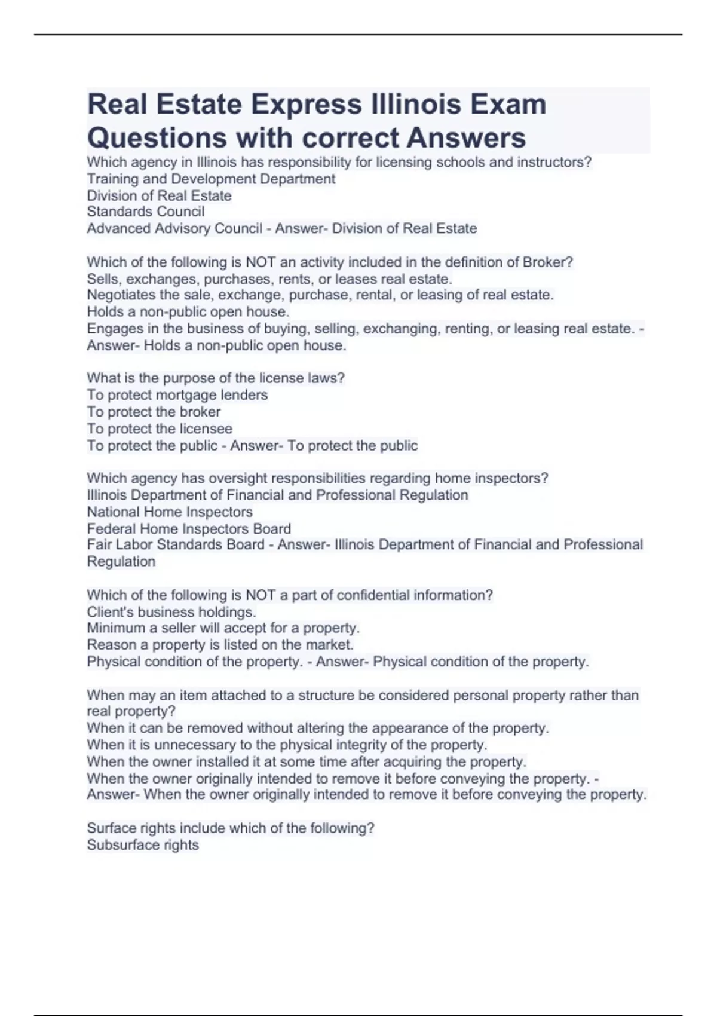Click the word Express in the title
pyautogui.click(x=305, y=105)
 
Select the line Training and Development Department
pyautogui.click(x=211, y=179)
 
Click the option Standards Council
pyautogui.click(x=146, y=212)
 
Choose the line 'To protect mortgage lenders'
pyautogui.click(x=177, y=395)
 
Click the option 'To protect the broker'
pyautogui.click(x=154, y=412)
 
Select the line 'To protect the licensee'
pyautogui.click(x=160, y=429)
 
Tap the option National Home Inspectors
pyautogui.click(x=170, y=512)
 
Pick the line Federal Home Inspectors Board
pyautogui.click(x=189, y=529)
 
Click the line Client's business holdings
pyautogui.click(x=171, y=612)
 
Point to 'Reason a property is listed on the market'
pyautogui.click(x=220, y=645)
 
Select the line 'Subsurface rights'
pyautogui.click(x=143, y=845)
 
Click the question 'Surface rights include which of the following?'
pyautogui.click(x=231, y=828)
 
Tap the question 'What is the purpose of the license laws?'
pyautogui.click(x=216, y=378)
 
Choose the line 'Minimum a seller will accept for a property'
pyautogui.click(x=223, y=628)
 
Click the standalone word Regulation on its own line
pyautogui.click(x=121, y=562)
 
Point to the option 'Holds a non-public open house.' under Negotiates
pyautogui.click(x=188, y=312)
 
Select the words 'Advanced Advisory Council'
pyautogui.click(x=174, y=228)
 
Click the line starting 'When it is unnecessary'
pyautogui.click(x=287, y=745)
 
